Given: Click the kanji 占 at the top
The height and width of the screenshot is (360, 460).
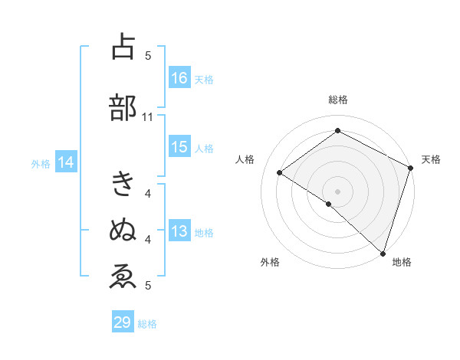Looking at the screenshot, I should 123,49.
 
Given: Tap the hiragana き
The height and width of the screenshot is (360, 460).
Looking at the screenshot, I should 123,185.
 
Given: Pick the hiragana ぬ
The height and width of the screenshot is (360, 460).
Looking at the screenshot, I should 123,229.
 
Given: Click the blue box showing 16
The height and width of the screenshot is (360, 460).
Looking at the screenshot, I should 179,78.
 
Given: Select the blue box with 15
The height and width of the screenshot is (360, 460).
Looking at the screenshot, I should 179,148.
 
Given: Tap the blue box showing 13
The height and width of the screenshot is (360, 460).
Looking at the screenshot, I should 179,232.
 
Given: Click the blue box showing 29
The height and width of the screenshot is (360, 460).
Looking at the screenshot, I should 123,322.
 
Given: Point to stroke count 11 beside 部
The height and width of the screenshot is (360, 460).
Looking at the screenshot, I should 147,117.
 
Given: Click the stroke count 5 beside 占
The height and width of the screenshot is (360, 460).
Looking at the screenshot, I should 148,55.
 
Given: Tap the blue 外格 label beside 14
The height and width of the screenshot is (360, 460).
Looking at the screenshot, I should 41,163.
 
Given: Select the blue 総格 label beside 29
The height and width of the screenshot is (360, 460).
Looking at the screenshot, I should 147,324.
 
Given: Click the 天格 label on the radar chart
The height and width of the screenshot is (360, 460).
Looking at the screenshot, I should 431,159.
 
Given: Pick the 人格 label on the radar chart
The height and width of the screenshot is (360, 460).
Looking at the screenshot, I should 245,159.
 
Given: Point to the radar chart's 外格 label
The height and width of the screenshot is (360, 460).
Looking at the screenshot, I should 270,262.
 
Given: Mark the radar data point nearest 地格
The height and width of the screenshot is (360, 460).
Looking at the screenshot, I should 383,252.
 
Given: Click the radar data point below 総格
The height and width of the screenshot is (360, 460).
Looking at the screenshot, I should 337,131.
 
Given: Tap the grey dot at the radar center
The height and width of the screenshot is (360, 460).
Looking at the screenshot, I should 337,190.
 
